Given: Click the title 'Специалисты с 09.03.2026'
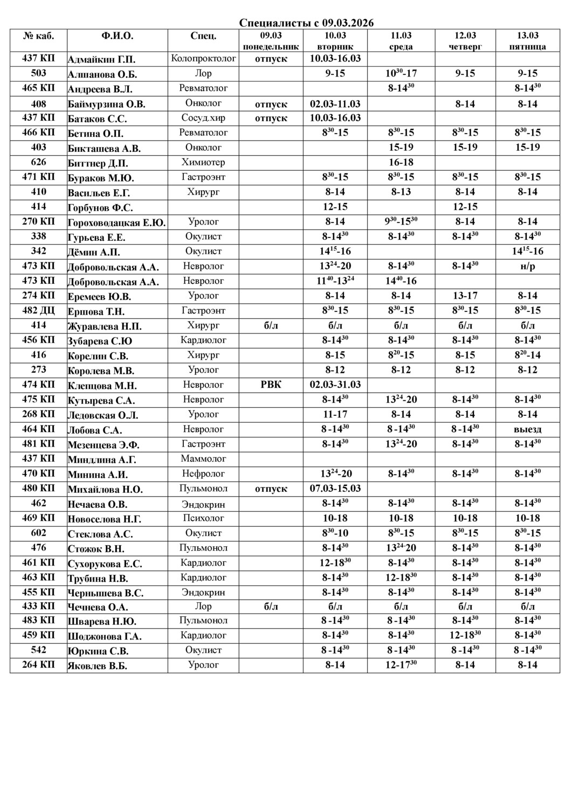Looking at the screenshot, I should [x=306, y=23].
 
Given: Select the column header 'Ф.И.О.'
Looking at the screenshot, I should [x=117, y=36].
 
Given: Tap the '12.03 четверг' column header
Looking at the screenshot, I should [x=465, y=41].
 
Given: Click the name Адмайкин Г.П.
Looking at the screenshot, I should [x=102, y=59].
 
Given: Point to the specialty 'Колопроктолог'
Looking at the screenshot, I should [x=203, y=58].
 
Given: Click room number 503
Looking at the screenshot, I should [x=38, y=73].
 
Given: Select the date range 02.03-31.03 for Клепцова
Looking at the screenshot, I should [x=335, y=385].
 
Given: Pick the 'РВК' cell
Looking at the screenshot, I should [x=271, y=385].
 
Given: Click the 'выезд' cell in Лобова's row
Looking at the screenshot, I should [x=528, y=429].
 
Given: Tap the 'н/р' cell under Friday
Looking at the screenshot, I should [x=528, y=266].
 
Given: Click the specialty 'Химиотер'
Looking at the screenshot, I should [x=203, y=162].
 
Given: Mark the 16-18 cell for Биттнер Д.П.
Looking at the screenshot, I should [x=401, y=162].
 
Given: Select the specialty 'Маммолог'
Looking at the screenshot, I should [x=203, y=459].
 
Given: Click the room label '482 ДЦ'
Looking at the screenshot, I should [x=38, y=310].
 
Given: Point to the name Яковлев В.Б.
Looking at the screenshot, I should [x=98, y=666].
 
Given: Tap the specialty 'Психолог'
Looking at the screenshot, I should [x=203, y=518].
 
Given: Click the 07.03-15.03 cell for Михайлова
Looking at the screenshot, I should [x=335, y=489].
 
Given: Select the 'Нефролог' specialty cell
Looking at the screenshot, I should [x=203, y=473].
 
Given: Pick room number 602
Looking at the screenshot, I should [x=38, y=533].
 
